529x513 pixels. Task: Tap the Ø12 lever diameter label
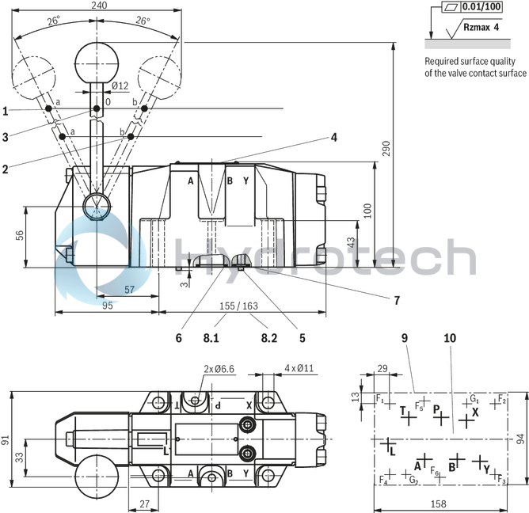(120, 85)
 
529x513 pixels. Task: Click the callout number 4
(334, 137)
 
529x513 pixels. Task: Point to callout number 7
(396, 300)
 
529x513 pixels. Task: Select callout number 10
(450, 338)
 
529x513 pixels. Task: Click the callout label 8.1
(211, 338)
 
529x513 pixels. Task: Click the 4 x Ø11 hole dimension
(299, 368)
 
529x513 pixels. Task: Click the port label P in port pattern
(436, 410)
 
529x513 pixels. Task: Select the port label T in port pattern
(403, 410)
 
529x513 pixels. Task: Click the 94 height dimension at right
(519, 438)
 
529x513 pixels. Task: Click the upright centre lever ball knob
(96, 61)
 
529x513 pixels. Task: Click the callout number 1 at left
(6, 110)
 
